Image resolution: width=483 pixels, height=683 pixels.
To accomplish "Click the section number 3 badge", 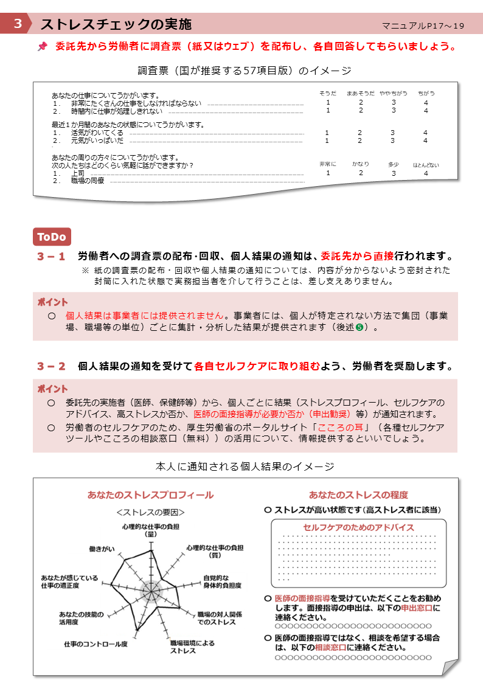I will click(x=18, y=24).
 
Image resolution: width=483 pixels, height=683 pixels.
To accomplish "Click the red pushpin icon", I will click(x=42, y=46).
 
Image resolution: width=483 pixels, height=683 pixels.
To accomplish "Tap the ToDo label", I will click(x=52, y=237).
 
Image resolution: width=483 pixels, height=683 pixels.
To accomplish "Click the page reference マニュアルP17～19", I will click(x=423, y=26).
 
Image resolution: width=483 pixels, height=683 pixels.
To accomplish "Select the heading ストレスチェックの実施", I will click(x=116, y=24).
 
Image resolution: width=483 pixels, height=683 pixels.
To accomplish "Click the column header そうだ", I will click(x=328, y=93).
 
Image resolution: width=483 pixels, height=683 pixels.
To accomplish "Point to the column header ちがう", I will click(x=426, y=93).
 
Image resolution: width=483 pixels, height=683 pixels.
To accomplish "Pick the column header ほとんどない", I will click(x=426, y=165).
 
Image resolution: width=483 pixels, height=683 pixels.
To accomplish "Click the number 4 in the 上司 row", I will click(x=426, y=173).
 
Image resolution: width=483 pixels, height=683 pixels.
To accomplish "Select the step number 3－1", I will click(x=51, y=257).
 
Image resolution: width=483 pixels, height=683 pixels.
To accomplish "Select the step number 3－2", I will click(x=51, y=366).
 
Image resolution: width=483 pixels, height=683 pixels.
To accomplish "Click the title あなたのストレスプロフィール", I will click(x=150, y=494).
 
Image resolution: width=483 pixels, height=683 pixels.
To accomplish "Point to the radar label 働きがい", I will click(x=102, y=549).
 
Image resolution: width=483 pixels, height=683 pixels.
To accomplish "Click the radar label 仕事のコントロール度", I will click(x=96, y=643).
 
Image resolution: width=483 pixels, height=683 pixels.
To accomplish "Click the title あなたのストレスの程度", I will click(x=358, y=494).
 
